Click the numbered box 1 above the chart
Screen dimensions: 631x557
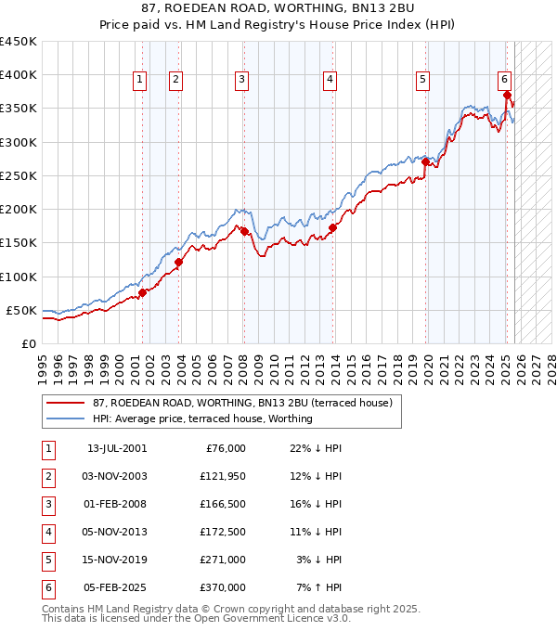pyautogui.click(x=138, y=81)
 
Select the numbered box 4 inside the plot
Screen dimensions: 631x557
pyautogui.click(x=330, y=81)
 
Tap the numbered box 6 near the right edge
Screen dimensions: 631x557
pyautogui.click(x=503, y=80)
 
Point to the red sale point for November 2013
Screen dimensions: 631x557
pyautogui.click(x=332, y=227)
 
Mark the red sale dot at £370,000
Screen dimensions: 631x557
pyautogui.click(x=507, y=95)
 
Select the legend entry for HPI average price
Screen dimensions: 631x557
pyautogui.click(x=201, y=419)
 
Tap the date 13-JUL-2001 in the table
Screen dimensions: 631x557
pyautogui.click(x=117, y=448)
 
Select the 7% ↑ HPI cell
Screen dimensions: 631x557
pyautogui.click(x=318, y=587)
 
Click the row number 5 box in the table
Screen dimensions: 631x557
pyautogui.click(x=46, y=560)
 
